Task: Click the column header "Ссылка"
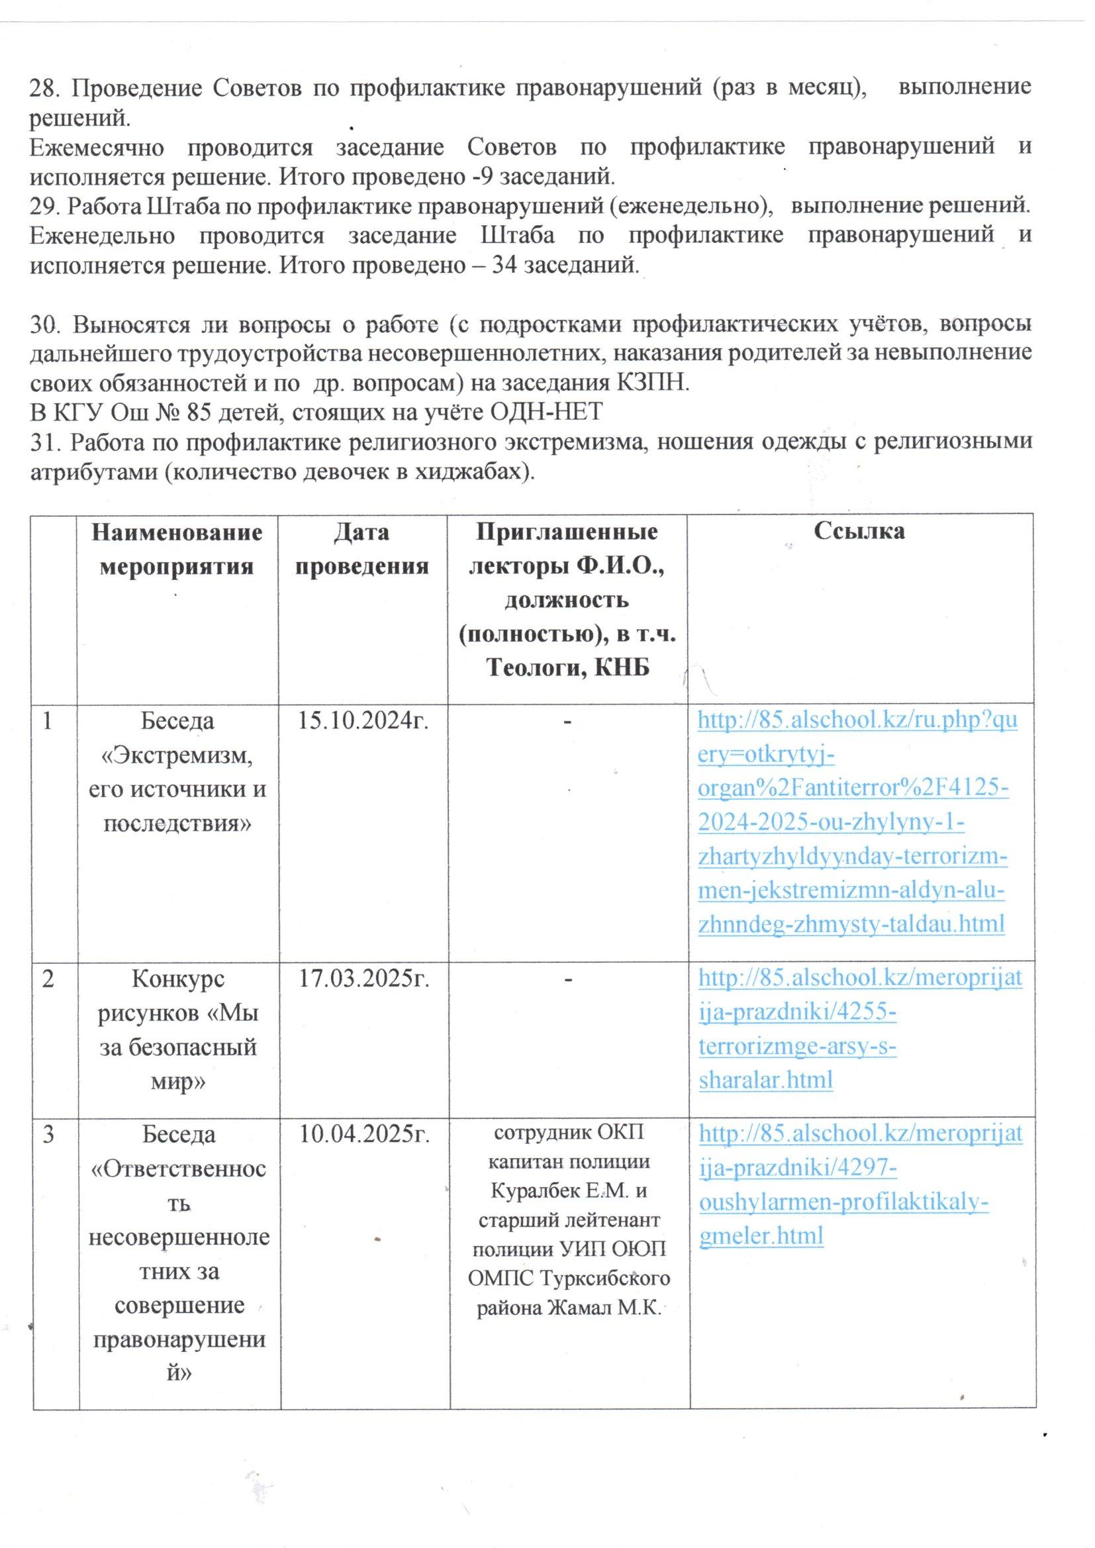(859, 532)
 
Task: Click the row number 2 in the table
(48, 979)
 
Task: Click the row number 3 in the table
(48, 1135)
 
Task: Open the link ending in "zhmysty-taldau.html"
(851, 922)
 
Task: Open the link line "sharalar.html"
(765, 1079)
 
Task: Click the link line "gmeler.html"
(761, 1235)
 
